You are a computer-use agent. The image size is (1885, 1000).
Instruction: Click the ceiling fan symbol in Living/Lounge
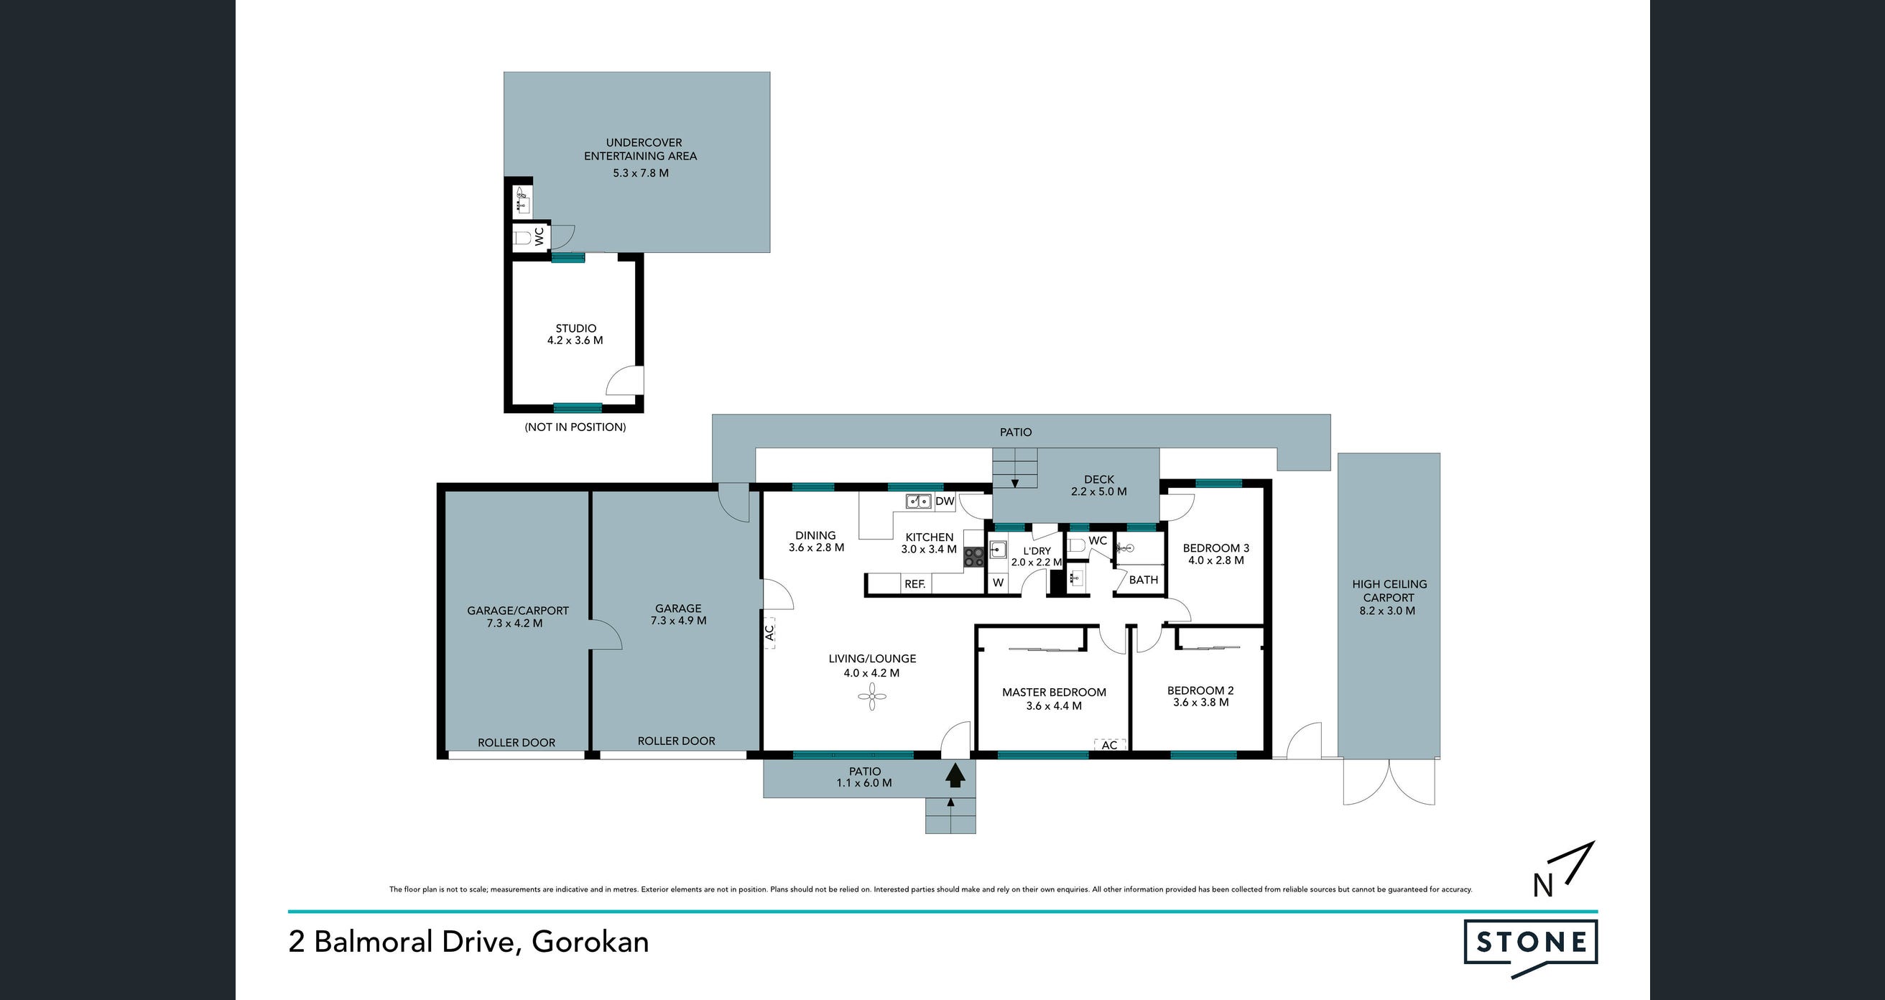872,696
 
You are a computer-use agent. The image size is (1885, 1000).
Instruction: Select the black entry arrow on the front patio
954,774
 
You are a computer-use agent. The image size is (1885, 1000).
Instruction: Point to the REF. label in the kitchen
914,584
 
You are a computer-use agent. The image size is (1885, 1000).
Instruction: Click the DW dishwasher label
945,501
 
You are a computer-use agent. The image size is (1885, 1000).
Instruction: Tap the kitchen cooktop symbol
974,557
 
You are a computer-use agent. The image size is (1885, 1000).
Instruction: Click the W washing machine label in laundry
998,583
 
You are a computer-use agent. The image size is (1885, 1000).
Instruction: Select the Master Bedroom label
1054,692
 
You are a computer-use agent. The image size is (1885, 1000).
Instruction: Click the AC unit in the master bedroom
1109,745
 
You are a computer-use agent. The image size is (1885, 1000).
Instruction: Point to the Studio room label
576,328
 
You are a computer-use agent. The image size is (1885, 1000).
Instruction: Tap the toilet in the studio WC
522,238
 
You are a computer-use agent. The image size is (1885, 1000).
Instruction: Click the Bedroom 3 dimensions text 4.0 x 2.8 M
1216,560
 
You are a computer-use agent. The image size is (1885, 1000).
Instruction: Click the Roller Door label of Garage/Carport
517,743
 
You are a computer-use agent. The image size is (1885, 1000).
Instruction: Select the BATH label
1144,580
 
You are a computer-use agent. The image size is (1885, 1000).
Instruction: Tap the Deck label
1099,479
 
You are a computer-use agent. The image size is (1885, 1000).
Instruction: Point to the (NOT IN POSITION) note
575,427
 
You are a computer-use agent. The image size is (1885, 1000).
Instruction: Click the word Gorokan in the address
590,942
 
